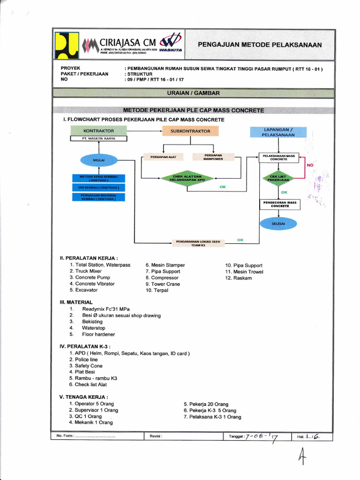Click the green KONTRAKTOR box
[x=98, y=130]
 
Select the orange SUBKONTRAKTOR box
[x=190, y=131]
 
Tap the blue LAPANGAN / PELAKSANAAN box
[x=278, y=132]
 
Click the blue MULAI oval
[x=99, y=160]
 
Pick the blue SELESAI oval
[x=278, y=224]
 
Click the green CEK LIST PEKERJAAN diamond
[x=278, y=178]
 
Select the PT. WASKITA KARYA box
[x=98, y=139]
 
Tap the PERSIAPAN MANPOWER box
[x=213, y=157]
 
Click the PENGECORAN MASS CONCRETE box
[x=280, y=204]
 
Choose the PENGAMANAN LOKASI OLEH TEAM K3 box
[x=197, y=243]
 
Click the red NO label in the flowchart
[x=310, y=165]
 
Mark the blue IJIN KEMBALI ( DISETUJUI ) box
[x=99, y=187]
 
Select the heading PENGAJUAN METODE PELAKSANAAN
[x=260, y=45]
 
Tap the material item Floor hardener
[x=98, y=334]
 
